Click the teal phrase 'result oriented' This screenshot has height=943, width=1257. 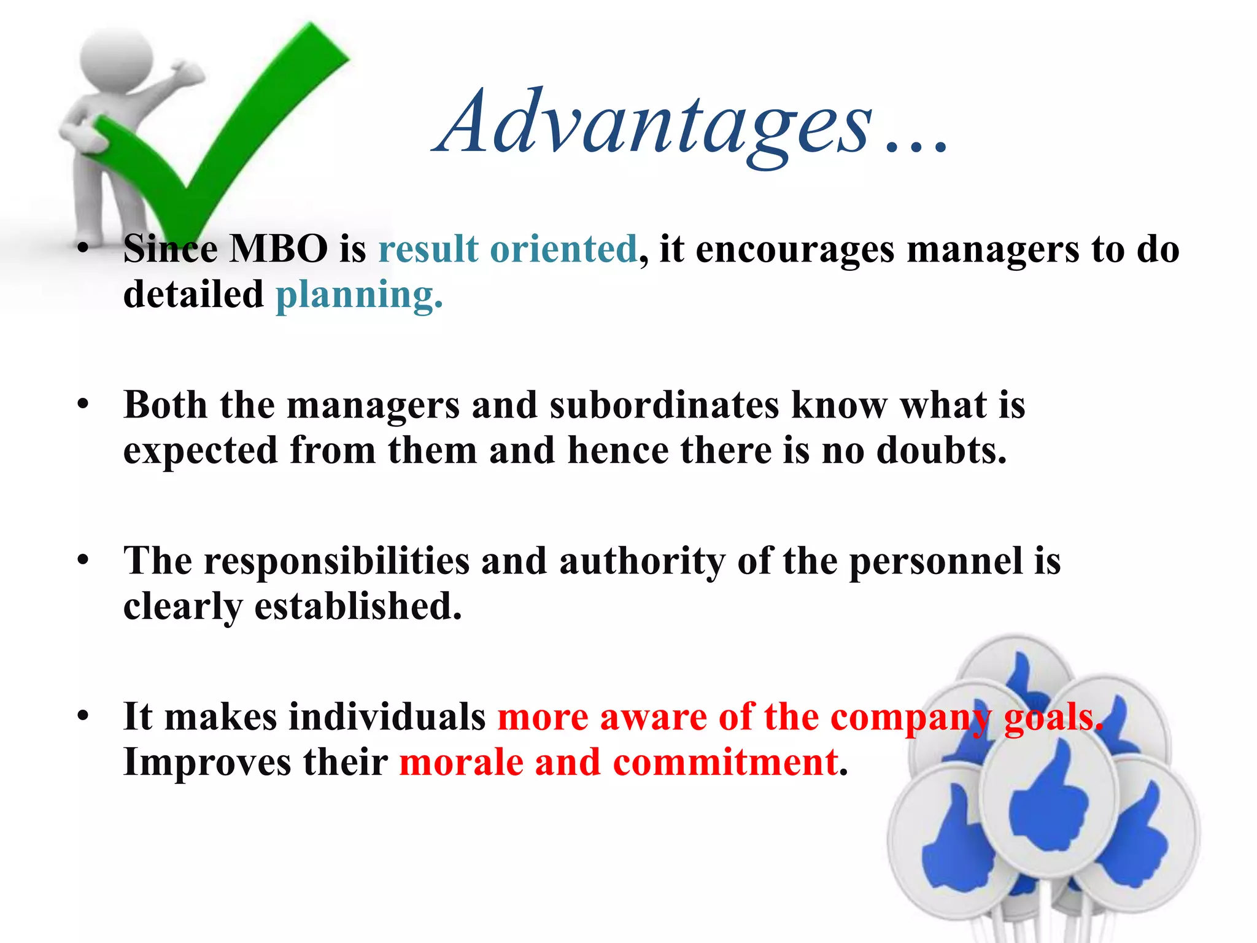tap(508, 250)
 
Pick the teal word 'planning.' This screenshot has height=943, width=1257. tap(359, 296)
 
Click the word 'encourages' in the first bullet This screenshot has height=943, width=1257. tap(795, 250)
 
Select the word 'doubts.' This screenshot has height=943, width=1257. tap(942, 451)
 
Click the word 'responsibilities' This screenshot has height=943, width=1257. tap(336, 561)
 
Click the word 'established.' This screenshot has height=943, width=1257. tap(358, 607)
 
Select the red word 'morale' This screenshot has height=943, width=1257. tap(461, 763)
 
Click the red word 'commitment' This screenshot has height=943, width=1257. tap(726, 763)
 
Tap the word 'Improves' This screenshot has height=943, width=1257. tap(207, 763)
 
